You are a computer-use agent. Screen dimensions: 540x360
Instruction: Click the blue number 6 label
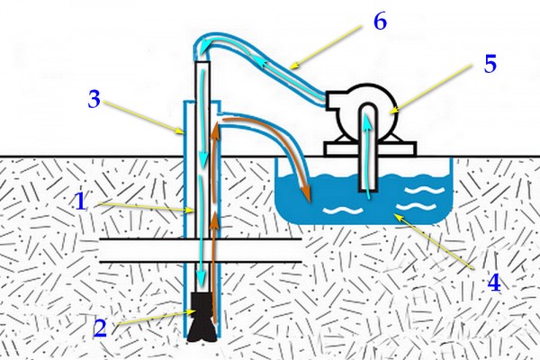[x=380, y=22]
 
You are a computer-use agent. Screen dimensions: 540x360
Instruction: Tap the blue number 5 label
[x=490, y=64]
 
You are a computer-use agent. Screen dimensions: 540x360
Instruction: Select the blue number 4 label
[x=494, y=283]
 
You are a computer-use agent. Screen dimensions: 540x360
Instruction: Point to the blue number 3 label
[x=94, y=99]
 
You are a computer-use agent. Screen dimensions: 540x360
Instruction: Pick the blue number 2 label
[x=100, y=328]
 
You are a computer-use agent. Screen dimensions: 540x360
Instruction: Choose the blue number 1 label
[x=81, y=202]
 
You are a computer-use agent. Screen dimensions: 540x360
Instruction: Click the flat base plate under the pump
[x=370, y=149]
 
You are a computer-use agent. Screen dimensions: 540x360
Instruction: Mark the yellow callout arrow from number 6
[x=326, y=46]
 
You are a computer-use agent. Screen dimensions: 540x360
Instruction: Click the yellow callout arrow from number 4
[x=435, y=241]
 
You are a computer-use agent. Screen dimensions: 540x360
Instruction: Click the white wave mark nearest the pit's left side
[x=343, y=210]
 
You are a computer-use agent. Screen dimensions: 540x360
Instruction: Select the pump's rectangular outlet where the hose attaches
[x=332, y=100]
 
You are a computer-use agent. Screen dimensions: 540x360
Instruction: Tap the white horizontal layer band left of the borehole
[x=141, y=250]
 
